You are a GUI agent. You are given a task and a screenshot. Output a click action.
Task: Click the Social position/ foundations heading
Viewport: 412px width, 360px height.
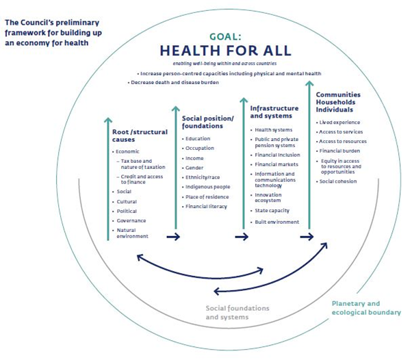click(x=208, y=122)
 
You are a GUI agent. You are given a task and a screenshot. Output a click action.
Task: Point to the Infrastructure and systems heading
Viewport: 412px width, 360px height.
click(x=274, y=112)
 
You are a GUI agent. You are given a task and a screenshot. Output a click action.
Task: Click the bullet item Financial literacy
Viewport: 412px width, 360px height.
click(x=206, y=205)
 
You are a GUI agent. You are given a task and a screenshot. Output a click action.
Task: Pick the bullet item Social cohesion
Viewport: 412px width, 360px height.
click(x=337, y=181)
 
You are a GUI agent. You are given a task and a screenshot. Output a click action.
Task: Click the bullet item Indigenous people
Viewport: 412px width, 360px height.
click(x=208, y=186)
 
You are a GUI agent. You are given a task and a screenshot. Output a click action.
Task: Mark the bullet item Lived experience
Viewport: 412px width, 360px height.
click(x=339, y=122)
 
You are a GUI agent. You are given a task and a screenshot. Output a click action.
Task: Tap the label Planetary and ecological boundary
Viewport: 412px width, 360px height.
click(x=366, y=307)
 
